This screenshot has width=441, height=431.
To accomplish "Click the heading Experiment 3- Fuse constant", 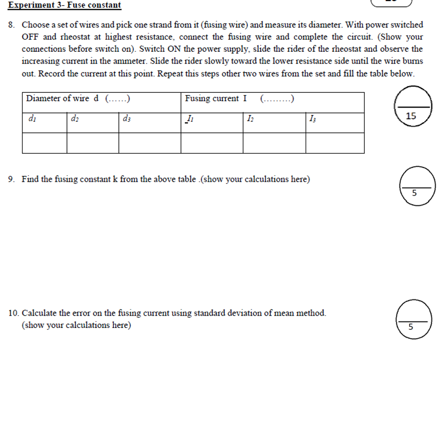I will click(65, 5).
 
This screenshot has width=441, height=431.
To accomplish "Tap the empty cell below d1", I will click(44, 143).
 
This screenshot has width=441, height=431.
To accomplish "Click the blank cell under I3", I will click(335, 143).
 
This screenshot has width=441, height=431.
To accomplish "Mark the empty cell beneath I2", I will click(274, 143).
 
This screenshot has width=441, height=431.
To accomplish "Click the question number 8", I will click(12, 24).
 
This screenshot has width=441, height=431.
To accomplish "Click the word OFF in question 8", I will click(30, 37).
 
